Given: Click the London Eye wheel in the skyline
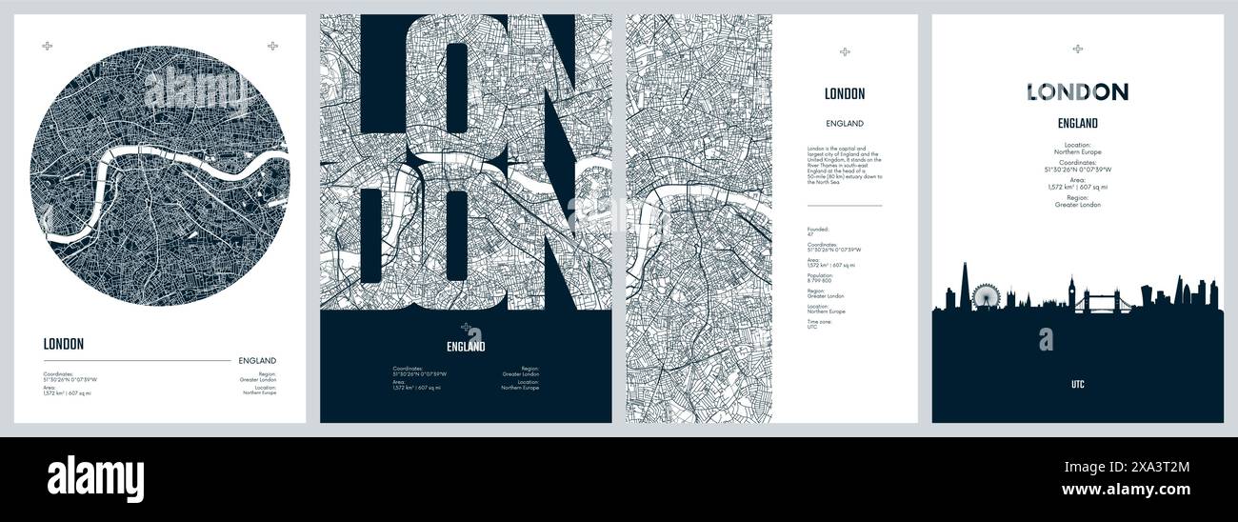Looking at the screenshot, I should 983,296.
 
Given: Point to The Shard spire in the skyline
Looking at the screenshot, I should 964,286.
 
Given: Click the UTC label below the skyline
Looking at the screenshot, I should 1077,385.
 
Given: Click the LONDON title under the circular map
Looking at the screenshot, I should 64,345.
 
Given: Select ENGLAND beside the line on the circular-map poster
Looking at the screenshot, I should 257,361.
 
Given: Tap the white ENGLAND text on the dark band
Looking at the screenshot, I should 466,347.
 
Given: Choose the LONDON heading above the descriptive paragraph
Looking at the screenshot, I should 845,93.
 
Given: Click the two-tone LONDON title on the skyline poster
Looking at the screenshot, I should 1077,92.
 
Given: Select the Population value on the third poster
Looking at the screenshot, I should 820,280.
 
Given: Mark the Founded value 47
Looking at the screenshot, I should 809,234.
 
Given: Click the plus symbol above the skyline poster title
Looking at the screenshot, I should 1077,49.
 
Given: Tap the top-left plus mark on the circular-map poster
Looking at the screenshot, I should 48,46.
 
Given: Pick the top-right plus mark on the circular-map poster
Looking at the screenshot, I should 272,46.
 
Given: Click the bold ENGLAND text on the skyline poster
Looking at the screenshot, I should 1077,123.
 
